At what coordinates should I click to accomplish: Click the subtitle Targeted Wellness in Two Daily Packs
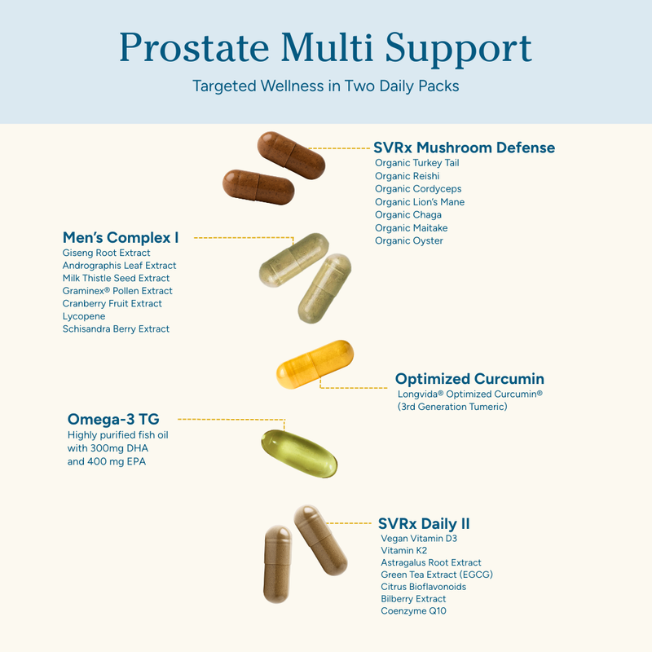325,86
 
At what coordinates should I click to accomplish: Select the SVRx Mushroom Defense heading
464,148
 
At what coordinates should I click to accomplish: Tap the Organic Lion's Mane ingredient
420,202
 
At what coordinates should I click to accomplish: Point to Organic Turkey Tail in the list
417,163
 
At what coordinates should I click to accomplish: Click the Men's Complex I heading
121,238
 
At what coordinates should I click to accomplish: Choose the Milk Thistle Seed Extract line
116,278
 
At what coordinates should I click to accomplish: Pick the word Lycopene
84,316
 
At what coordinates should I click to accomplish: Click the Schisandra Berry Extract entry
116,329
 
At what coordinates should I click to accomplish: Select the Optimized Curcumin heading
469,379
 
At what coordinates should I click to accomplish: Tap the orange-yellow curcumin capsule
315,364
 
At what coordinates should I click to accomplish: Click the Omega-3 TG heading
113,419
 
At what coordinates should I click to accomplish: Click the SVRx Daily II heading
424,523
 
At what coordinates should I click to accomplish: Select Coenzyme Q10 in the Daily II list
413,611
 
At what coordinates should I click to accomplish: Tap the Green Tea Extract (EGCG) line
437,575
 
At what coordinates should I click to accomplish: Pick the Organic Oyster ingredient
409,241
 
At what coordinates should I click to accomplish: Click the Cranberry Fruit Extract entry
112,303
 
